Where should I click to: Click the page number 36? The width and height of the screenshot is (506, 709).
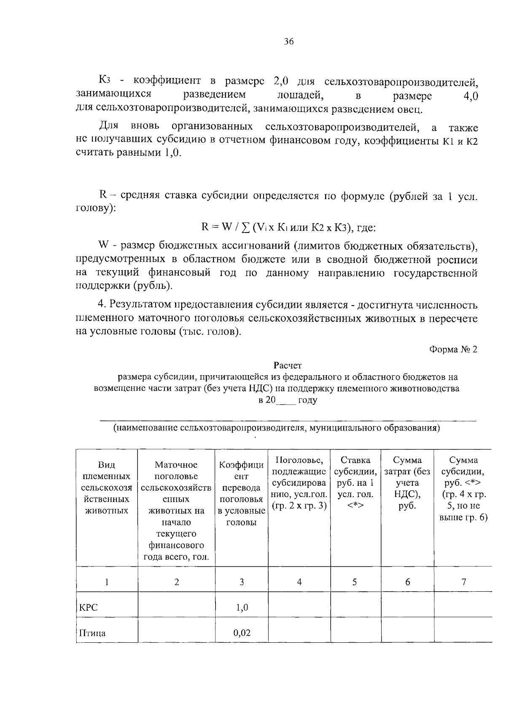[288, 41]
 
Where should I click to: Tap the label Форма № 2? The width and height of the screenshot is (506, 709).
[453, 349]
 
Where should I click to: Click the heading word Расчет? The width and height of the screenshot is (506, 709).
[288, 365]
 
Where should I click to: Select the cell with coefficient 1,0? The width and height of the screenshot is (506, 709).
[242, 608]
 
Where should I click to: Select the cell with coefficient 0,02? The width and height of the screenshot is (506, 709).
[242, 633]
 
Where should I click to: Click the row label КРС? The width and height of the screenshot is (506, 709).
[89, 608]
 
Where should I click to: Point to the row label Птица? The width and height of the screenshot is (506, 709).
[92, 633]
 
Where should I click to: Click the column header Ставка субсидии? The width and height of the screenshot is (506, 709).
[355, 482]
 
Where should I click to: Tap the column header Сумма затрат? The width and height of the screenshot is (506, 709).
[407, 482]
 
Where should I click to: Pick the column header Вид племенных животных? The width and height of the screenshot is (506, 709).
[107, 488]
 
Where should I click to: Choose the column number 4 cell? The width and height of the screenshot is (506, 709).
[299, 582]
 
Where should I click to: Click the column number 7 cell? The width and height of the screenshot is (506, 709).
[463, 582]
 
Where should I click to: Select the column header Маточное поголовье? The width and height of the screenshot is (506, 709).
[176, 511]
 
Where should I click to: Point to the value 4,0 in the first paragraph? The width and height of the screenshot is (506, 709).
[470, 96]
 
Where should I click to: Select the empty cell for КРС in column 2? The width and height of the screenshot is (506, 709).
[176, 608]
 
